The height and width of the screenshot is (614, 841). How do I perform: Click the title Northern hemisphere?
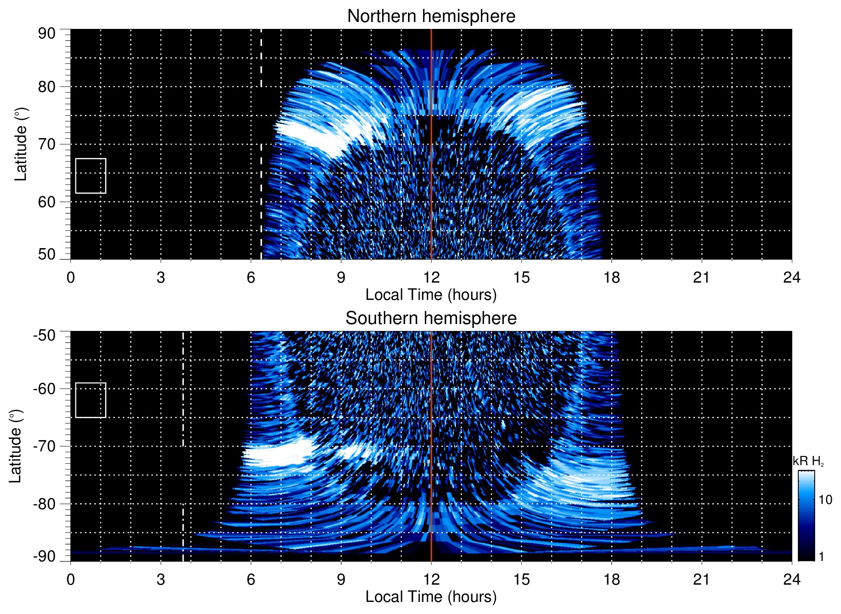tap(431, 16)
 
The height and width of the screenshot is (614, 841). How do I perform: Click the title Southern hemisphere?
tap(431, 318)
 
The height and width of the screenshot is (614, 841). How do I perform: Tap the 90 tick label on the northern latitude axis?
tap(47, 33)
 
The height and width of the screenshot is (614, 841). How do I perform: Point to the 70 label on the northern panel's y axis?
tap(47, 144)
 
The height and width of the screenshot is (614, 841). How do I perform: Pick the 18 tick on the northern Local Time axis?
tap(612, 277)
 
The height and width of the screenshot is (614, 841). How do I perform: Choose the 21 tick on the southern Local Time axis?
tap(702, 579)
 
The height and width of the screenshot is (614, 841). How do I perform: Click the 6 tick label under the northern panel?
tap(251, 277)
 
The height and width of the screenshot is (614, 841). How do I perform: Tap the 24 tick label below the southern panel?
tap(791, 579)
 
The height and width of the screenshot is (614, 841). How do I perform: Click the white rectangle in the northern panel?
tap(91, 176)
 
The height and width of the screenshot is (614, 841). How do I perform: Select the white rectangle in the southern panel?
tap(91, 400)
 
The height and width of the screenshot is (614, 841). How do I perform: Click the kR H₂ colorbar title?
tap(808, 461)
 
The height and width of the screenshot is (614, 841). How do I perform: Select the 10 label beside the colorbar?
tap(825, 500)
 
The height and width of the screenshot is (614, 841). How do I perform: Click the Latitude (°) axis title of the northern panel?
tap(21, 144)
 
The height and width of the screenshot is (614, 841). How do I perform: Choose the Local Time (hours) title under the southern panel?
tap(431, 597)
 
